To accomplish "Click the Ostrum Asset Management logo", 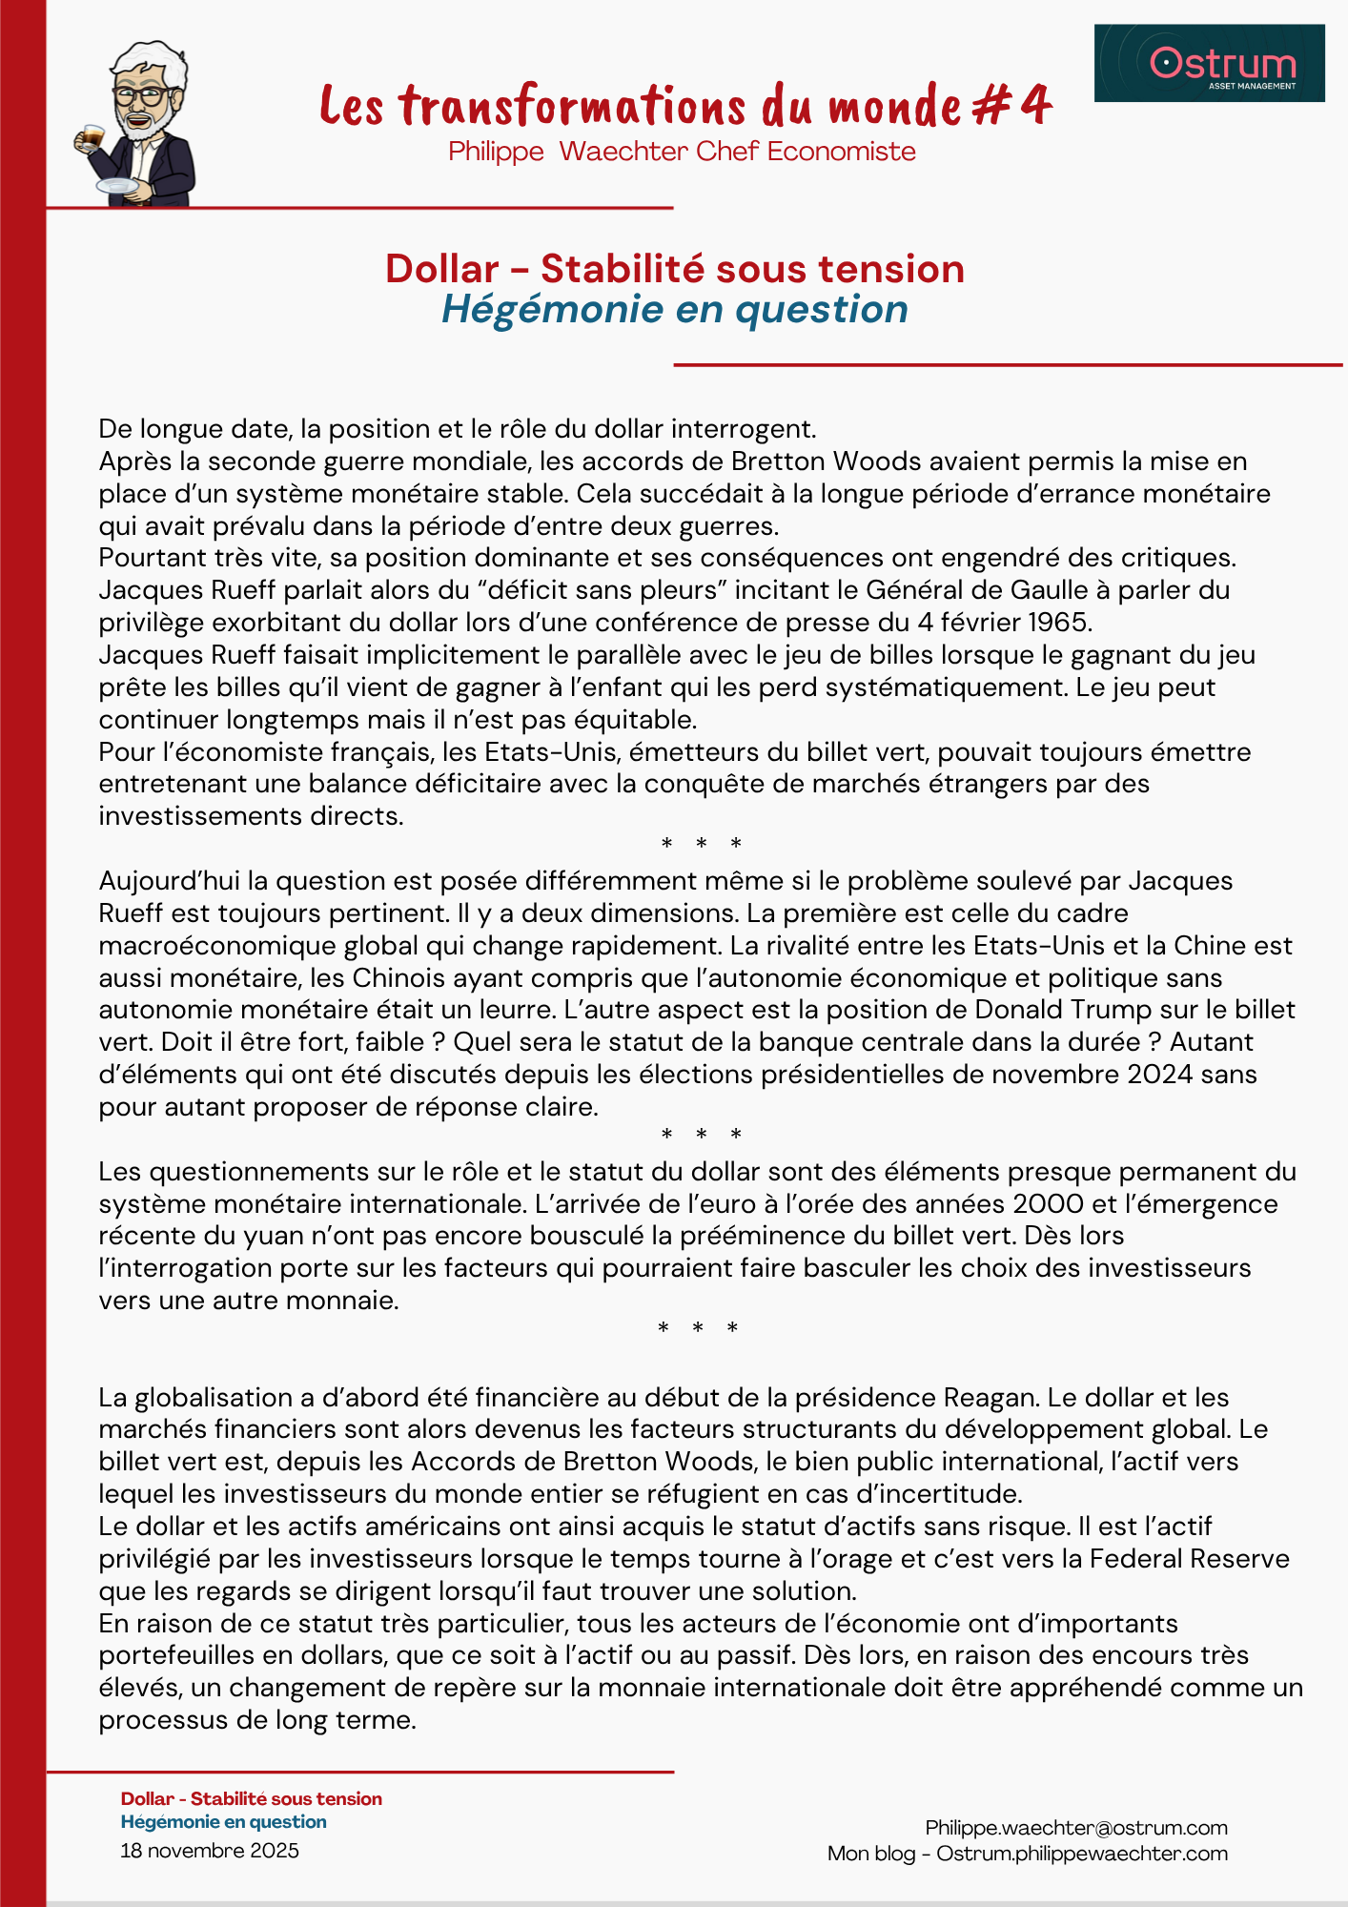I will click(1209, 63).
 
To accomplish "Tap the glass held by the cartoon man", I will click(92, 136).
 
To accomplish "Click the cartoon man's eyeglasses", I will click(139, 96).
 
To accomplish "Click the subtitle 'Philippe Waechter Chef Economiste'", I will click(682, 152).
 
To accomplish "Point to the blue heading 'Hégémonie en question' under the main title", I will click(674, 309).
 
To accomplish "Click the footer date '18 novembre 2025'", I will click(210, 1851).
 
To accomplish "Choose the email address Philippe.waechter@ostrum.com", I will click(1076, 1828).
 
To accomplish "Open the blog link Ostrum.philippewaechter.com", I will click(1082, 1854).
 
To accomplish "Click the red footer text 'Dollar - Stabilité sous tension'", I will click(252, 1799).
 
